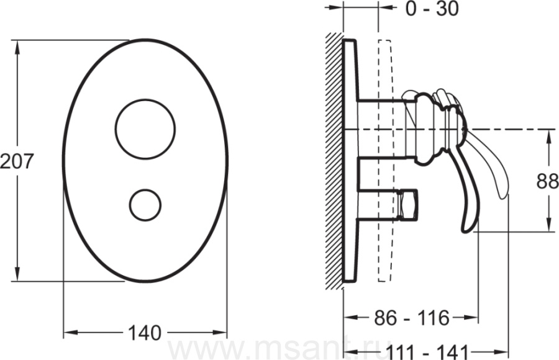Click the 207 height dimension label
point(16,161)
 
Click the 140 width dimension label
point(144,333)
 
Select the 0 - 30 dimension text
point(432,9)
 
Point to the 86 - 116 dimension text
point(412,317)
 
